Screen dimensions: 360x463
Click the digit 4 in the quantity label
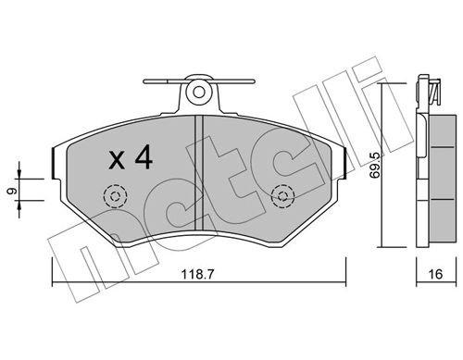tap(142, 159)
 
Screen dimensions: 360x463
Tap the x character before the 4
tap(117, 161)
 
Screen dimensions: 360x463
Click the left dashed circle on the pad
tap(116, 197)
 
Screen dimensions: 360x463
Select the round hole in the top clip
tap(198, 91)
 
